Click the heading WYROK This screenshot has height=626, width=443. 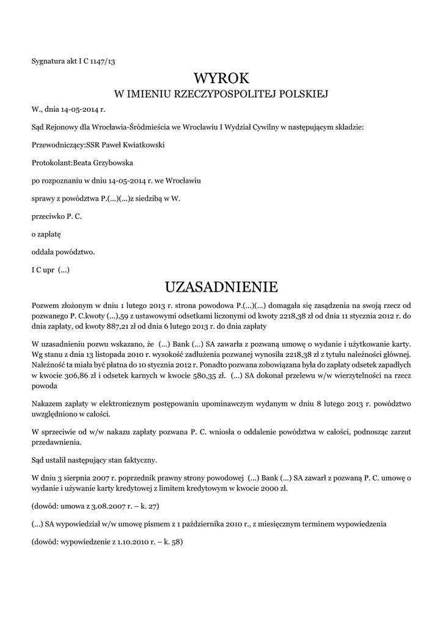click(x=221, y=78)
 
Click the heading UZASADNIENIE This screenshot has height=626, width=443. click(x=221, y=287)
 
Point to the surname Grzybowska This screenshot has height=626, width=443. click(x=114, y=163)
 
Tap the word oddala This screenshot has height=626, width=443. click(x=42, y=251)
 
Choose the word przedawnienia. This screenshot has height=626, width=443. click(x=57, y=442)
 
